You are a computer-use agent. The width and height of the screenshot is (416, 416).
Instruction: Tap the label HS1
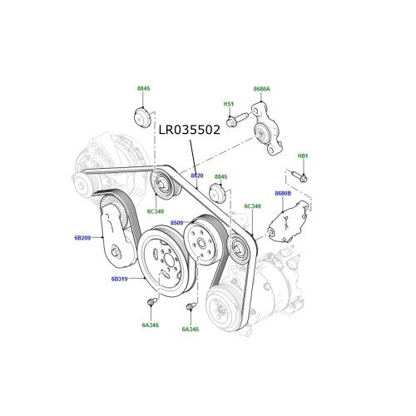[x=229, y=104]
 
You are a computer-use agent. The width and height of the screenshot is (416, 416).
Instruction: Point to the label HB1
[x=303, y=156]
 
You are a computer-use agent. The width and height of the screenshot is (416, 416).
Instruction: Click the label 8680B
[x=283, y=193]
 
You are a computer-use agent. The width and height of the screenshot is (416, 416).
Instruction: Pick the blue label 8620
[x=197, y=176]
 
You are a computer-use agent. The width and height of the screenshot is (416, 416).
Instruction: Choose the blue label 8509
[x=176, y=223]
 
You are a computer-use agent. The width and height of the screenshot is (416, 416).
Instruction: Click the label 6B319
[x=120, y=280]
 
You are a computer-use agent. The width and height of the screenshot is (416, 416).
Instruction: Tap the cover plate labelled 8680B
[x=285, y=222]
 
